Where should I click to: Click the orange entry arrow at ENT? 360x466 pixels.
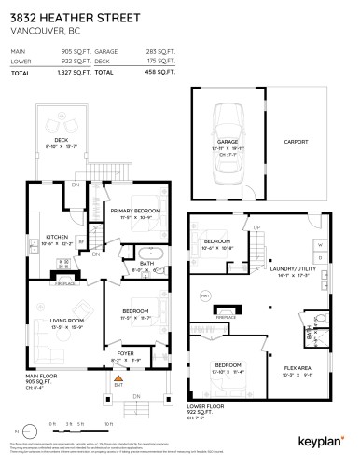pyautogui.click(x=118, y=380)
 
